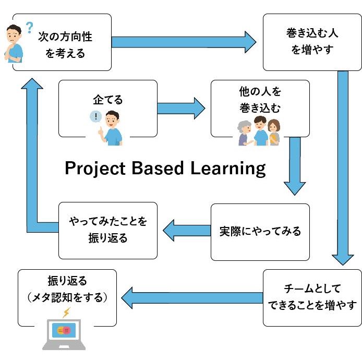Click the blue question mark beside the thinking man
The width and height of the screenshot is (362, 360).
point(29,28)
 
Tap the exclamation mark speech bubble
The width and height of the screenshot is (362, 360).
point(95,116)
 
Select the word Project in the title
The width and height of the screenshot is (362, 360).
point(95,169)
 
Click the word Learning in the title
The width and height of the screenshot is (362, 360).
point(228,169)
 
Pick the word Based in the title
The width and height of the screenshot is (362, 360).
point(158,168)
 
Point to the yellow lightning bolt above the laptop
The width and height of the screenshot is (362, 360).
point(66,313)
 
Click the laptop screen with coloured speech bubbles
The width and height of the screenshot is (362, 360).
point(64,330)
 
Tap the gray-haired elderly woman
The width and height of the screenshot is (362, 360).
point(245,133)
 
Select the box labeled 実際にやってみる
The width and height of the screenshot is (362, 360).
point(260,232)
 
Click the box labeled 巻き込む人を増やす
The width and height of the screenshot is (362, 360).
point(312,42)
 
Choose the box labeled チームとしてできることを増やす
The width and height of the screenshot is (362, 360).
point(312,298)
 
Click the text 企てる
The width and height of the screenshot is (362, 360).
point(108,100)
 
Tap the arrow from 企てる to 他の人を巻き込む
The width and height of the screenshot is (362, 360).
point(181,109)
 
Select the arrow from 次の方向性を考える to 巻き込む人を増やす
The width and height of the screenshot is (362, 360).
point(184,42)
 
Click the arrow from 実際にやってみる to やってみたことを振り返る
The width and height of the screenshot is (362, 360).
point(187,231)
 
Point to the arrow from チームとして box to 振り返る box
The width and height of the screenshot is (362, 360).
point(192,298)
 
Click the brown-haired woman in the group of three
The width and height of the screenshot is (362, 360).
point(274,133)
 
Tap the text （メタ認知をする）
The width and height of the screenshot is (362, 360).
point(67,297)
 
